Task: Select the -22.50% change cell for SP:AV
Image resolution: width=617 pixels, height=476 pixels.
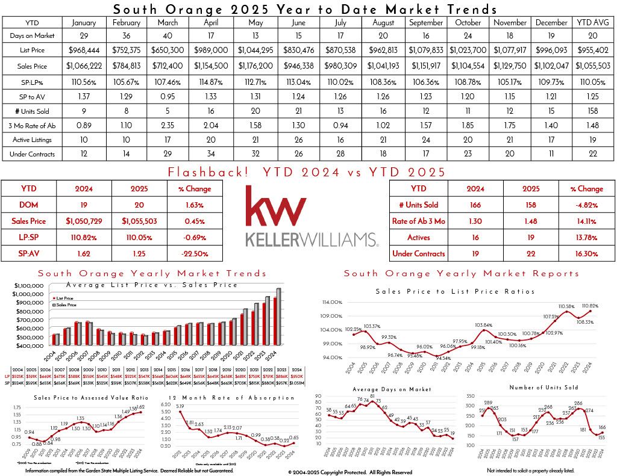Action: [195, 254]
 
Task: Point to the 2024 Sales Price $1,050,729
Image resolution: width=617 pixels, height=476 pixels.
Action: [83, 221]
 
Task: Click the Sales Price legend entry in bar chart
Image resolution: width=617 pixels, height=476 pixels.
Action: [66, 305]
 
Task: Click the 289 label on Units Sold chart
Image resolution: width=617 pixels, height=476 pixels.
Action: [489, 403]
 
